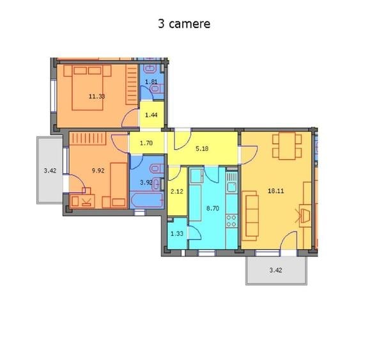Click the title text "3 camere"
coord(184,24)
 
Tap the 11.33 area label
coord(96,97)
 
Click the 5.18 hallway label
coord(202,148)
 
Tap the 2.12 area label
coord(178,191)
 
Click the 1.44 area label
coord(151,114)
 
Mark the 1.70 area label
coord(146,143)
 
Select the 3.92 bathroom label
coord(146,182)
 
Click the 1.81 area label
coord(151,81)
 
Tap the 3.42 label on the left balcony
coord(50,171)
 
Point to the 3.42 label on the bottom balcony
coord(275,270)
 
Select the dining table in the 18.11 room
coord(287,146)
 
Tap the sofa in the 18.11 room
coord(251,214)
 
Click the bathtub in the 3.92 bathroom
coord(146,200)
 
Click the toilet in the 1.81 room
coord(151,69)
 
